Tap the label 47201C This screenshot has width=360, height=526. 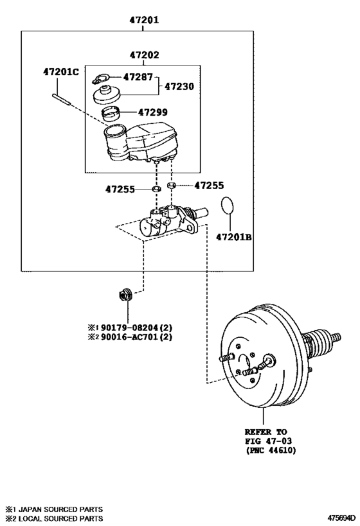pyautogui.click(x=61, y=71)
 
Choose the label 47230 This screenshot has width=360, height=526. pyautogui.click(x=179, y=85)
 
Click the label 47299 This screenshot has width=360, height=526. pyautogui.click(x=152, y=112)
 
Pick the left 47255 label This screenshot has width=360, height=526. pyautogui.click(x=120, y=189)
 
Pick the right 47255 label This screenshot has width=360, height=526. pyautogui.click(x=209, y=185)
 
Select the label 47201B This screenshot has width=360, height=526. pyautogui.click(x=234, y=237)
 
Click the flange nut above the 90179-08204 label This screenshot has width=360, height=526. pyautogui.click(x=123, y=295)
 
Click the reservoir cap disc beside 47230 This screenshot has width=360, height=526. pyautogui.click(x=107, y=95)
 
